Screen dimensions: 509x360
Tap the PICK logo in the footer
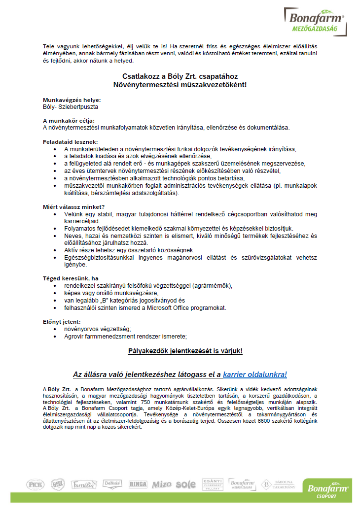pos(36,484)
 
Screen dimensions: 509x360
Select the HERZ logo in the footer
pos(58,484)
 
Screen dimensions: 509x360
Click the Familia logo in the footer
pos(82,484)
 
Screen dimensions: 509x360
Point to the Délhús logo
pos(112,484)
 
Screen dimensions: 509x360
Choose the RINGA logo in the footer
pos(138,484)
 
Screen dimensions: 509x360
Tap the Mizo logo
pos(162,485)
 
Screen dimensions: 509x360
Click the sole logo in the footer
pos(185,485)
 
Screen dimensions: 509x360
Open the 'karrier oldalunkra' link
pos(254,374)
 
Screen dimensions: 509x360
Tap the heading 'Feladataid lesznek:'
pos(71,141)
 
